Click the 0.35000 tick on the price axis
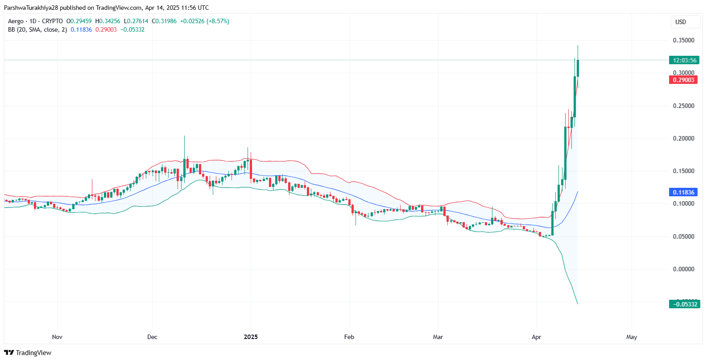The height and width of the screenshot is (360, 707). (x=683, y=40)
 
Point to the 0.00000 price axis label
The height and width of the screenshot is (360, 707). (x=683, y=269)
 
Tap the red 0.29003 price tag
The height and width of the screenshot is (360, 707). (x=683, y=80)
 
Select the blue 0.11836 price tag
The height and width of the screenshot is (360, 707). (x=683, y=192)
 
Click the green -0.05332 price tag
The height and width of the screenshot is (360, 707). (x=685, y=304)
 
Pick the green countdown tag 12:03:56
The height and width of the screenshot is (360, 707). (x=684, y=60)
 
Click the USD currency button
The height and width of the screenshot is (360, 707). (x=681, y=22)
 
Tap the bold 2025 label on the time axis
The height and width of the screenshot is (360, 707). (x=251, y=337)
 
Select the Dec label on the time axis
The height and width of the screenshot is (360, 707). (x=152, y=337)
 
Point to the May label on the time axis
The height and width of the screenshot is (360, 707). (x=631, y=337)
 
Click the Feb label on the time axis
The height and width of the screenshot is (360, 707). (x=349, y=337)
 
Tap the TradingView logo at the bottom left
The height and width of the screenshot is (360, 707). (x=28, y=352)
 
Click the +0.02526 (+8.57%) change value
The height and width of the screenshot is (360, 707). (x=204, y=21)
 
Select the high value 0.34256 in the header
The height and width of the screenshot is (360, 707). (x=109, y=21)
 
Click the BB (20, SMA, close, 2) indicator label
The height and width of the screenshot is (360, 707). (x=37, y=29)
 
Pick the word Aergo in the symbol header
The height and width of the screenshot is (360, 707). (x=16, y=21)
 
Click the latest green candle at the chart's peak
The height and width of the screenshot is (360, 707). (x=578, y=68)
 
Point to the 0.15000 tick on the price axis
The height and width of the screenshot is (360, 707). (x=683, y=171)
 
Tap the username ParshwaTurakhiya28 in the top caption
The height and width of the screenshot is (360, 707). (x=31, y=8)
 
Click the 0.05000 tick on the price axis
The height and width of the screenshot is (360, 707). (x=683, y=236)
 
